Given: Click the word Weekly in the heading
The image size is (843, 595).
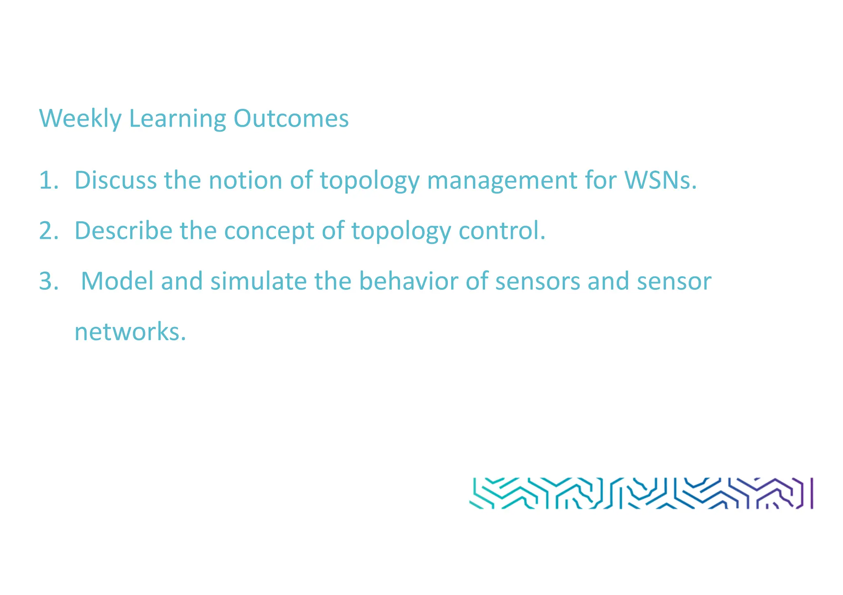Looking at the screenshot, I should [x=80, y=118].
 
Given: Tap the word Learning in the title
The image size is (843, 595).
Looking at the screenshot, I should [x=177, y=118].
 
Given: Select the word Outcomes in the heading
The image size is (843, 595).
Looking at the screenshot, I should [x=291, y=118].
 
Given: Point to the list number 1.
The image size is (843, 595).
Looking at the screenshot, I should [x=48, y=180].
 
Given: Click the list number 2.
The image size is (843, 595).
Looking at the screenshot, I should [x=49, y=230].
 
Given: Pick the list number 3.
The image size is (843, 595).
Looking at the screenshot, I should [x=49, y=281].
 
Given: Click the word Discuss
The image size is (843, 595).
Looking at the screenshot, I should [x=115, y=180].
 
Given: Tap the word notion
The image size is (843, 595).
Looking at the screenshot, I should [x=245, y=180].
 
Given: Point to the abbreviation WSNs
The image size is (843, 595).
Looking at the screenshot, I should [x=660, y=180].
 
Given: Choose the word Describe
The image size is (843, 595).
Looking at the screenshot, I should [x=123, y=230].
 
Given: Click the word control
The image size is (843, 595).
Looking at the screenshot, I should [x=502, y=230].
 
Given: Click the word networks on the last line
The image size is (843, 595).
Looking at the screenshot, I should [x=130, y=332].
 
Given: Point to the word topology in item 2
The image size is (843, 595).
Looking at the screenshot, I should [x=401, y=231].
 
